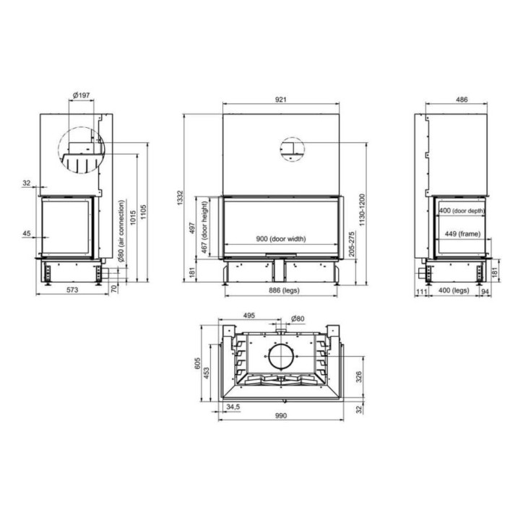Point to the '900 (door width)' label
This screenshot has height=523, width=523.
[281, 239]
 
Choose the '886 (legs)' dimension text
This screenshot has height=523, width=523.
[280, 289]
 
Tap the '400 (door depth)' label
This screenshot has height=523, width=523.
[462, 211]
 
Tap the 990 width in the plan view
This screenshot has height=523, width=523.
[281, 415]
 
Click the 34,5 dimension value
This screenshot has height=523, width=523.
[233, 407]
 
